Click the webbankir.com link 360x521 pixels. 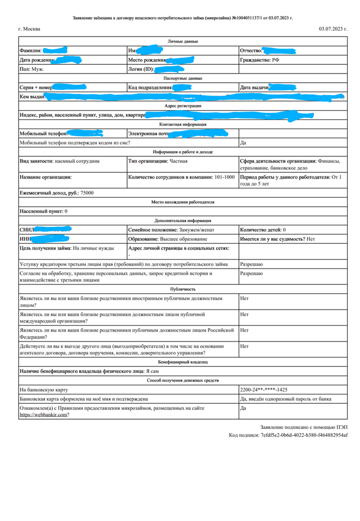click(x=44, y=415)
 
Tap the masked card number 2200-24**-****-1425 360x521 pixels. click(x=263, y=389)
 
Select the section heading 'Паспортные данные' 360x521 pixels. click(x=183, y=78)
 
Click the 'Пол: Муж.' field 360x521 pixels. click(x=31, y=69)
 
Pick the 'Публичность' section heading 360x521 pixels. click(x=183, y=289)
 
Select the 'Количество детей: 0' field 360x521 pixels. click(x=263, y=230)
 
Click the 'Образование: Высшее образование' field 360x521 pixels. click(x=168, y=239)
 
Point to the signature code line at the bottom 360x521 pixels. click(x=289, y=435)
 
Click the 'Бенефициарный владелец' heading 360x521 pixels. click(x=183, y=362)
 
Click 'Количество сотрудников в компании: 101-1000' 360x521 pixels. click(x=181, y=177)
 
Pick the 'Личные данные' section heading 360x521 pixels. click(x=183, y=41)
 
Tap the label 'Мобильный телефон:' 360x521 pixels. click(x=44, y=134)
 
